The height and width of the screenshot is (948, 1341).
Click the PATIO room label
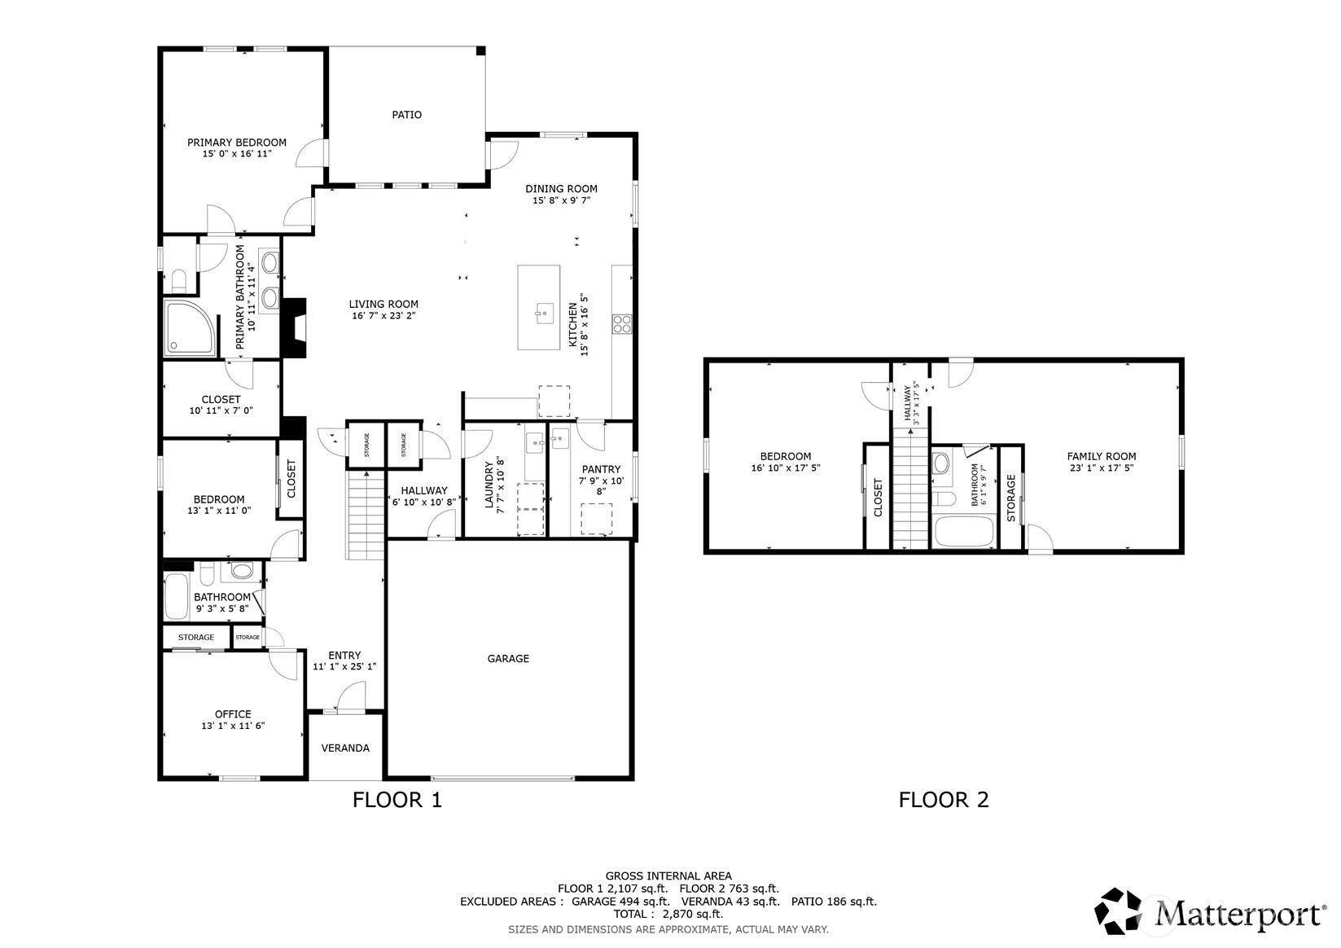(x=406, y=114)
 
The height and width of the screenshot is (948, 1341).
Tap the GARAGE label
(x=508, y=659)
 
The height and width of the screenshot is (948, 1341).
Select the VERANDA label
(x=345, y=748)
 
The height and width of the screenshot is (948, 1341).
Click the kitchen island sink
(x=544, y=314)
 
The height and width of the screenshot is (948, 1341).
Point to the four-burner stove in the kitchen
(x=621, y=324)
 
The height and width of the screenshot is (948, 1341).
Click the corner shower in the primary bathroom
(x=191, y=328)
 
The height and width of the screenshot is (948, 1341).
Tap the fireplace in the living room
(x=294, y=328)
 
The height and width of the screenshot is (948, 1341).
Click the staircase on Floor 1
(x=366, y=515)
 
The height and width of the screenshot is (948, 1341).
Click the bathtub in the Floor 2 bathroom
(x=962, y=531)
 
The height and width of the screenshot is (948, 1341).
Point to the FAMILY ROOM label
(x=1102, y=456)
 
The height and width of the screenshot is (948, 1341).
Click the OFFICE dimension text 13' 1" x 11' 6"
(x=233, y=726)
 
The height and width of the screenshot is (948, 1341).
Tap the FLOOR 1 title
(x=397, y=800)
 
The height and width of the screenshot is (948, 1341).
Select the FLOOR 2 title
(x=944, y=800)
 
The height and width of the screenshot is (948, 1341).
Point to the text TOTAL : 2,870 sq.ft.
(x=668, y=915)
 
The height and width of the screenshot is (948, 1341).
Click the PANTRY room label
(x=601, y=469)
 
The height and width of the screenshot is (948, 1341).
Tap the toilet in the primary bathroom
(x=179, y=279)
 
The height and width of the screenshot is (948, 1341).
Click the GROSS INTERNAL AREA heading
(x=668, y=876)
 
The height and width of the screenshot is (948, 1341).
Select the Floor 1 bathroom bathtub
(x=177, y=596)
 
